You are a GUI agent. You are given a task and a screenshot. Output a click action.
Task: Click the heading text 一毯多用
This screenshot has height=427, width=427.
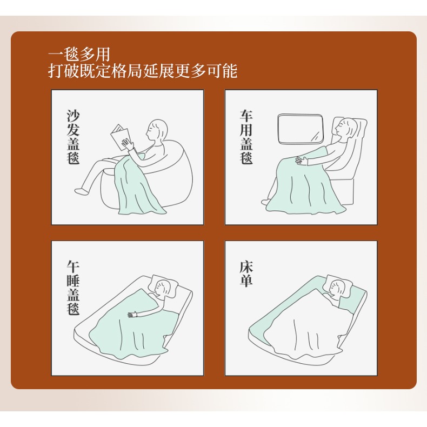point(79,55)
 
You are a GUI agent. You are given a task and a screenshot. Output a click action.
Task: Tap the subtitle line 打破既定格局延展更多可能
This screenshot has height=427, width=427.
point(143,71)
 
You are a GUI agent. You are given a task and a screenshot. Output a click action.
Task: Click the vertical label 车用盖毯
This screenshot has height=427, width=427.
point(246,138)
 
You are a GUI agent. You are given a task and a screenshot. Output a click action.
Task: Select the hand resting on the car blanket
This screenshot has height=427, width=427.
point(299,159)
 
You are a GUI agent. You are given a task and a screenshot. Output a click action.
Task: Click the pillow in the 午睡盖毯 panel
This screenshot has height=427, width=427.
point(168,285)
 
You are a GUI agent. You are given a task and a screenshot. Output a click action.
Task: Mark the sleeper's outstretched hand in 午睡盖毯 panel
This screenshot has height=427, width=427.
point(131,314)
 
